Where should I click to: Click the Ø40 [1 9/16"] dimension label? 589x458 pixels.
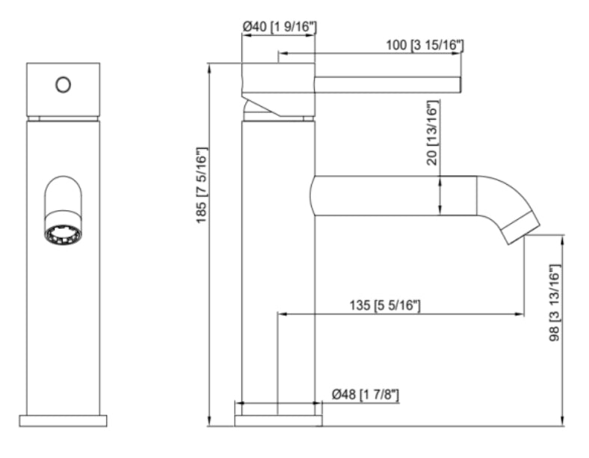[x=280, y=27]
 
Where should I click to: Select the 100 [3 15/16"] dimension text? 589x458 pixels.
[x=425, y=46]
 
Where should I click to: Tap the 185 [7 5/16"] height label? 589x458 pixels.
[x=201, y=186]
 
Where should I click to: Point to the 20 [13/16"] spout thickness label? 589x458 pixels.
[x=433, y=132]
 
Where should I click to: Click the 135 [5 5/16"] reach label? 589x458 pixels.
[x=385, y=305]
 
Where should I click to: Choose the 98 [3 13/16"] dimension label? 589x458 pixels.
[x=555, y=302]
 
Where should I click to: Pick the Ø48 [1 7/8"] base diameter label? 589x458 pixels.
[x=365, y=395]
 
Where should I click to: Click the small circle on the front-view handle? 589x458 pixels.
[x=63, y=85]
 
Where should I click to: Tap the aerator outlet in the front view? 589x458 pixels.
[x=63, y=234]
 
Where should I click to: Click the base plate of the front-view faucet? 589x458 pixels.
[x=63, y=421]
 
